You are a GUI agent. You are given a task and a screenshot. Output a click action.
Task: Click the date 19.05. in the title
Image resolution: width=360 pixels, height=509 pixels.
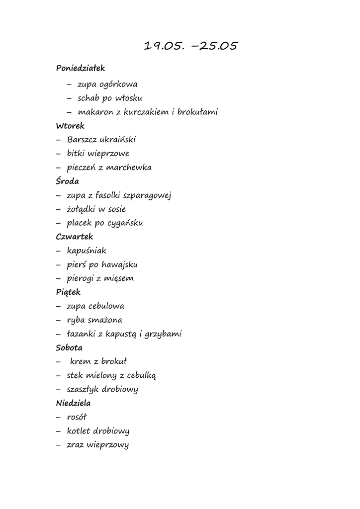[x=165, y=46]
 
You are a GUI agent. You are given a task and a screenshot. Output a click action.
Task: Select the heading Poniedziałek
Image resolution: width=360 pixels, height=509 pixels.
[x=81, y=68]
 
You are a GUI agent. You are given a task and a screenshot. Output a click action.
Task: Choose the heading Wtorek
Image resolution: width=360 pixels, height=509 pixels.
[x=70, y=126]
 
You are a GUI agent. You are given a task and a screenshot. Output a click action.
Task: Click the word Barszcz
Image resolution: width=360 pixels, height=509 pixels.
[x=82, y=140]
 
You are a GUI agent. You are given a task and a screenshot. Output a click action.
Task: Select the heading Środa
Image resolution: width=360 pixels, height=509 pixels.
[x=68, y=181]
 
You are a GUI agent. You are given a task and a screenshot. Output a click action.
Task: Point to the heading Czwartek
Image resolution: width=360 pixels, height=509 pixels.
[x=75, y=237]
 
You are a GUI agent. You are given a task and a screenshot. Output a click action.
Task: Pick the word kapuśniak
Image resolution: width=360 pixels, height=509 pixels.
[x=87, y=251]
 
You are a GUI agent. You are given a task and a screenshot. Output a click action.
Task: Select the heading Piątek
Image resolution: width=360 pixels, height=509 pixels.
[x=68, y=293]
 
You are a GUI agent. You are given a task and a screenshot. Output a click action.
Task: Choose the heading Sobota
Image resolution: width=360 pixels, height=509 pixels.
[x=69, y=347]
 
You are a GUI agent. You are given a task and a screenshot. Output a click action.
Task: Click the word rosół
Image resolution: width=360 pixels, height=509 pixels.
[x=77, y=417]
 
